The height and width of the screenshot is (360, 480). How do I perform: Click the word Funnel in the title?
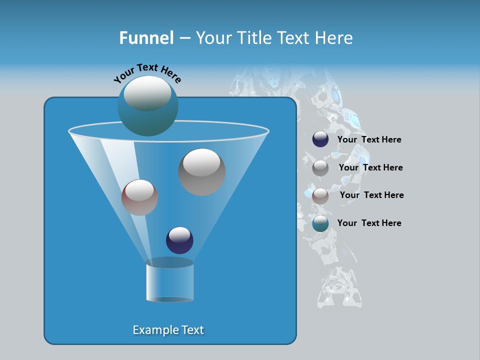click(146, 38)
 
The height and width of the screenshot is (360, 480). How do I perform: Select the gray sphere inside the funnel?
click(201, 172)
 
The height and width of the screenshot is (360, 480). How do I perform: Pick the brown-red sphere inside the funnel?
click(139, 198)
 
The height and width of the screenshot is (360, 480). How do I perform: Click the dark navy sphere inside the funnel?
click(179, 240)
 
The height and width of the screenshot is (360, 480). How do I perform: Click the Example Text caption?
click(168, 330)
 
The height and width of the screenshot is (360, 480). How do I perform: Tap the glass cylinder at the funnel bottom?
click(169, 282)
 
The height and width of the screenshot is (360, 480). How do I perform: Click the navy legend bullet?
click(320, 139)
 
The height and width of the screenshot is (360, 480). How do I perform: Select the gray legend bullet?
click(320, 168)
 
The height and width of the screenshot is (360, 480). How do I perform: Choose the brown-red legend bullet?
click(320, 196)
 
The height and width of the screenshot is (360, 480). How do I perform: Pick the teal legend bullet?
click(320, 223)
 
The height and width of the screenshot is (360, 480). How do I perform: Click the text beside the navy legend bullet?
click(369, 140)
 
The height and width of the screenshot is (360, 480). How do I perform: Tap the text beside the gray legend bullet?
click(370, 168)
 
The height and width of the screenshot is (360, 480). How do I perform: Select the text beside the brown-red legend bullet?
click(371, 195)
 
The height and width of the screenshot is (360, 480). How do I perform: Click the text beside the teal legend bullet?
click(369, 223)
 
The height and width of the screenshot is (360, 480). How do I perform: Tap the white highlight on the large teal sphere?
click(147, 93)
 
